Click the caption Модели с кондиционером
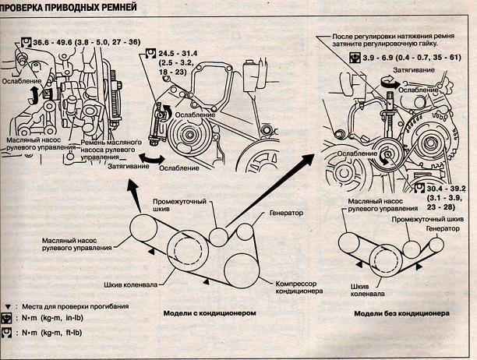[210, 313]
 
